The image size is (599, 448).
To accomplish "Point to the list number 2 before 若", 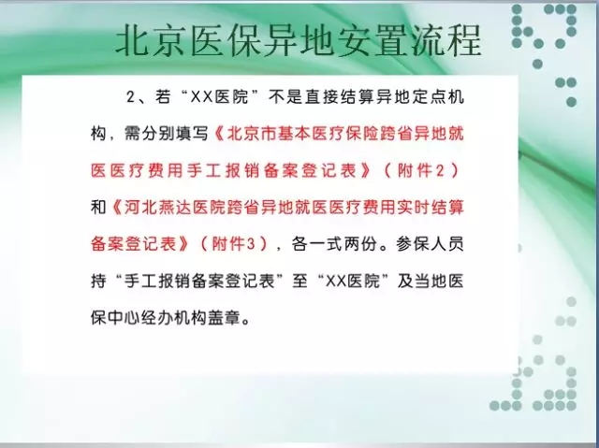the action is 131,97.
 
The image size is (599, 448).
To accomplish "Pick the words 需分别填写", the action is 167,134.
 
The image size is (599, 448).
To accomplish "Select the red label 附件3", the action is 233,244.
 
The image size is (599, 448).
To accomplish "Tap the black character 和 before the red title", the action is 98,208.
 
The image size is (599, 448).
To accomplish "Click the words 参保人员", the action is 430,244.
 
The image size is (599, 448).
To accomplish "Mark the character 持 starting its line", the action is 98,281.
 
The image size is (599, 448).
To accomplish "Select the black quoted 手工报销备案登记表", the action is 199,281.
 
